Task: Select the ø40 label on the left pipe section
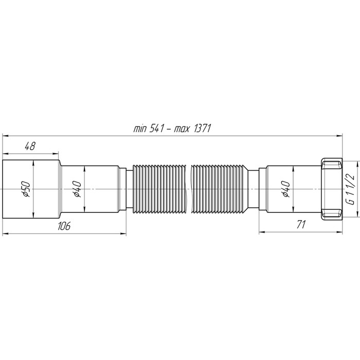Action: tap(76, 189)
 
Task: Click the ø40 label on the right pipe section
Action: tap(286, 189)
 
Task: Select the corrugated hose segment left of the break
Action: tap(159, 189)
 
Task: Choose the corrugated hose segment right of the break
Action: tap(219, 189)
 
